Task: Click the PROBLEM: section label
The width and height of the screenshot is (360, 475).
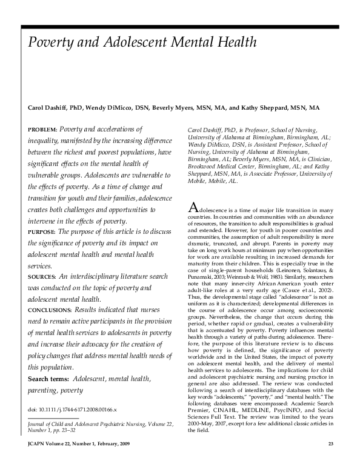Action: [42, 130]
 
